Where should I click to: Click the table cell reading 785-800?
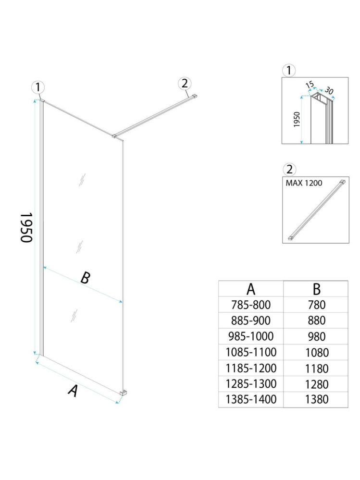[251, 304]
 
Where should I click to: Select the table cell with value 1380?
[316, 399]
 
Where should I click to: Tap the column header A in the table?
[251, 289]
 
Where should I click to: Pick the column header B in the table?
[316, 289]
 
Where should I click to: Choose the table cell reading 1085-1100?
[251, 352]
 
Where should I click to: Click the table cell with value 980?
[316, 336]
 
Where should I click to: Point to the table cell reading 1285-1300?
[251, 384]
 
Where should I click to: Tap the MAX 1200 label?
[304, 183]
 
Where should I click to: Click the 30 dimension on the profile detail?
[329, 90]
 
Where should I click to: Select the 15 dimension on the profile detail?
[310, 85]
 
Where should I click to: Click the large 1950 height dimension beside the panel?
[26, 227]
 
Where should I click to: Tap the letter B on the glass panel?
[85, 277]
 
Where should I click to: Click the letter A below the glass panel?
[73, 391]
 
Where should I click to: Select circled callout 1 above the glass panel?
[38, 87]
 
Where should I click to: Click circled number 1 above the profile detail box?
[288, 71]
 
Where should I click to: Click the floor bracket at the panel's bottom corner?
[124, 394]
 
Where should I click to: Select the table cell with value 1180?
[316, 369]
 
